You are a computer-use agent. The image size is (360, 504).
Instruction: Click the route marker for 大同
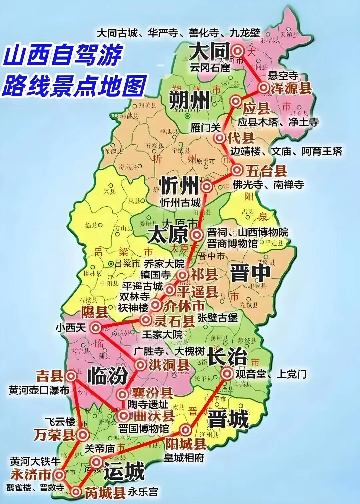point(238,51)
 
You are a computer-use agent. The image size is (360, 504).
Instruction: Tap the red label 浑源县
point(291,88)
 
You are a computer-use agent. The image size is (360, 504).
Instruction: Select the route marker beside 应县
point(236,101)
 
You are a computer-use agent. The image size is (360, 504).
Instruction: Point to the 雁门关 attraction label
point(206,127)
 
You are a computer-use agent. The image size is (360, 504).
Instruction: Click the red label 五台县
point(266,171)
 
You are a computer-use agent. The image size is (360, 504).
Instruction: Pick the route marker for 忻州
point(207,186)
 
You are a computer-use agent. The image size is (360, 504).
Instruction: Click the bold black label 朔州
point(189,100)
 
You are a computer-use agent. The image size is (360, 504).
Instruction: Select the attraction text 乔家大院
point(164,264)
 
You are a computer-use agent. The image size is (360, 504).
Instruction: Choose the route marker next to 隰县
point(96,328)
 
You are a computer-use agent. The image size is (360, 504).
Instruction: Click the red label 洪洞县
point(169,365)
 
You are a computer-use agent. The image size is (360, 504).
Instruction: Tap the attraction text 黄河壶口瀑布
point(39,390)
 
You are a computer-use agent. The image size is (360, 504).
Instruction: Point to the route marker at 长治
point(227,373)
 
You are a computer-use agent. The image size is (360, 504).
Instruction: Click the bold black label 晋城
point(228,419)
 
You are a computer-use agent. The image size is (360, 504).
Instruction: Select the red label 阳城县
point(186,444)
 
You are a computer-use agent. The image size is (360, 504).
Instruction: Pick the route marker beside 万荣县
point(83,435)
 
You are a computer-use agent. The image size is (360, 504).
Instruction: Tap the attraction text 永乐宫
point(143,492)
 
